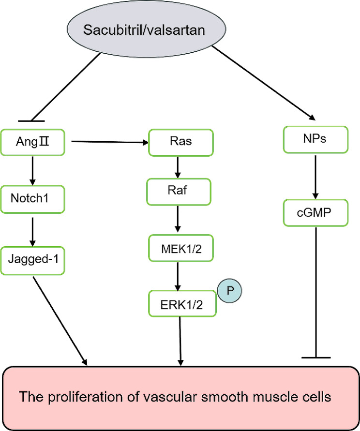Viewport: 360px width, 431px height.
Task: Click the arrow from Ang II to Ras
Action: [109, 142]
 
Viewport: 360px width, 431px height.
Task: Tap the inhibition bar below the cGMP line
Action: [315, 357]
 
